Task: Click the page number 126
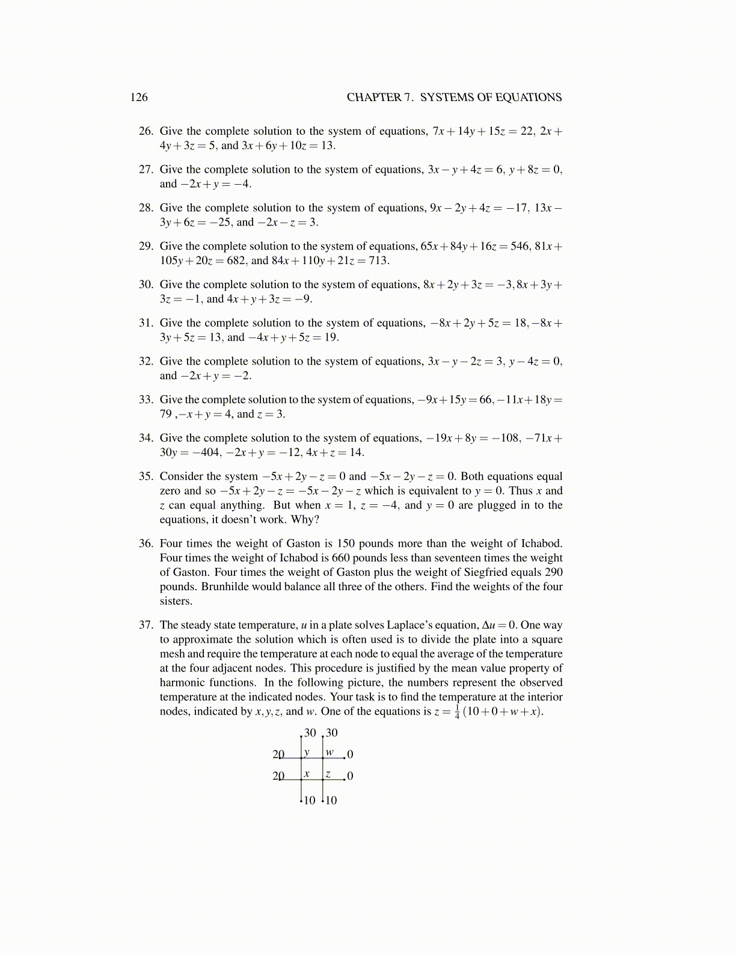pyautogui.click(x=139, y=97)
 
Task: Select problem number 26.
pyautogui.click(x=146, y=131)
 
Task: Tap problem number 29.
pyautogui.click(x=146, y=246)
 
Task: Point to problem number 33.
pyautogui.click(x=146, y=399)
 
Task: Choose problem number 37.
pyautogui.click(x=146, y=625)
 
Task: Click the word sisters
pyautogui.click(x=176, y=601)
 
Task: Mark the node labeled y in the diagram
pyautogui.click(x=307, y=752)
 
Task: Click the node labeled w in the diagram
pyautogui.click(x=330, y=752)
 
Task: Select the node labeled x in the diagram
pyautogui.click(x=307, y=774)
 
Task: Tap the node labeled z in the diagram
pyautogui.click(x=328, y=774)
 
